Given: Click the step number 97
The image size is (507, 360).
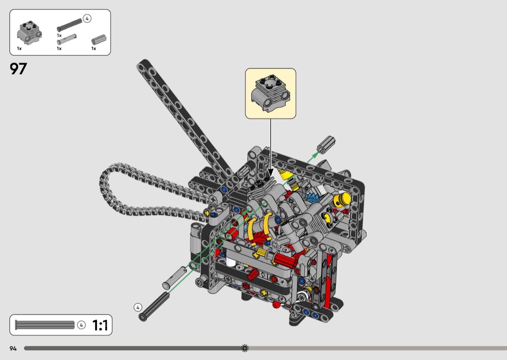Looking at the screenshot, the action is pyautogui.click(x=18, y=69).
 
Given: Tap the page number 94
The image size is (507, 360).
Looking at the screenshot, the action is pyautogui.click(x=13, y=348).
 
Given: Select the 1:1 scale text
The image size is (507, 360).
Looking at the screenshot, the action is pyautogui.click(x=100, y=325).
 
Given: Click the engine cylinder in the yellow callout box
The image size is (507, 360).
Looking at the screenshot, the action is pyautogui.click(x=270, y=93).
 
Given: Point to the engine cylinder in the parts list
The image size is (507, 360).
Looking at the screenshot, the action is pyautogui.click(x=29, y=33).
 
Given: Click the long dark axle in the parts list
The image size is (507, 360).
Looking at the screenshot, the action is pyautogui.click(x=70, y=25).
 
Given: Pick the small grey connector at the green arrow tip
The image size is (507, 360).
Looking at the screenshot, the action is pyautogui.click(x=326, y=144).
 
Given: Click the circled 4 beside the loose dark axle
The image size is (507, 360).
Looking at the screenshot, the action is pyautogui.click(x=138, y=307).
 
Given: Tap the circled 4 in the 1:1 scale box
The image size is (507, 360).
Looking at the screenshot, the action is pyautogui.click(x=81, y=325).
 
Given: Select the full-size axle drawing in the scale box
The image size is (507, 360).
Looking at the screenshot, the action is pyautogui.click(x=44, y=325).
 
